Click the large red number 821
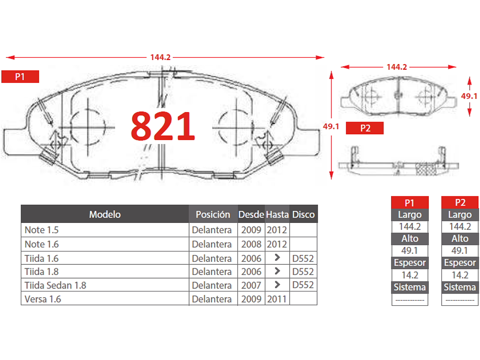click(x=163, y=126)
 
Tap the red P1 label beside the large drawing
click(x=20, y=77)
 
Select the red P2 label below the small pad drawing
click(x=365, y=128)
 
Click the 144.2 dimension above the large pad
click(x=161, y=57)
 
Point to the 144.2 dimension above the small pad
click(x=397, y=67)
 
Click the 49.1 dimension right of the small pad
click(x=469, y=96)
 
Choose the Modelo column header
click(x=105, y=214)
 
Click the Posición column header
click(x=213, y=214)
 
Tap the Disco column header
click(x=303, y=214)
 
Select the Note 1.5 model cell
click(x=42, y=230)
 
